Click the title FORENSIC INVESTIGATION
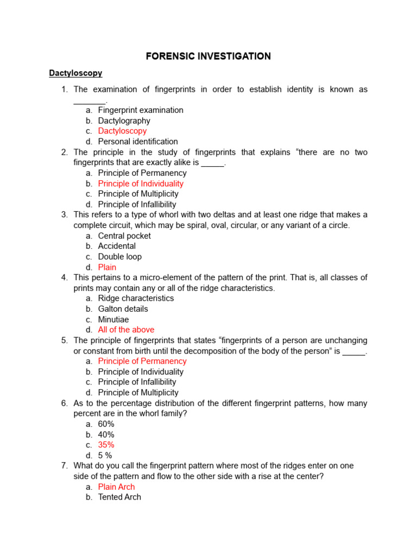208,56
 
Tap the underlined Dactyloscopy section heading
75,73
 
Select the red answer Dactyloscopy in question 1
122,131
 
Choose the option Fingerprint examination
141,110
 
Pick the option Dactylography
124,121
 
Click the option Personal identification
138,142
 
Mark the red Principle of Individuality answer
141,184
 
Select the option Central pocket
124,236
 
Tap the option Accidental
117,246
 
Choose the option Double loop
119,256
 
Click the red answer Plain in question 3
107,267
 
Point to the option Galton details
123,309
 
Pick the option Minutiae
113,319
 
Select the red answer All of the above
126,330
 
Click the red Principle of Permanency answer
142,361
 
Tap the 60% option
106,424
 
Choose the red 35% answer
106,445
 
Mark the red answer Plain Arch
116,486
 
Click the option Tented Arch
119,497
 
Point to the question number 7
64,466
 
